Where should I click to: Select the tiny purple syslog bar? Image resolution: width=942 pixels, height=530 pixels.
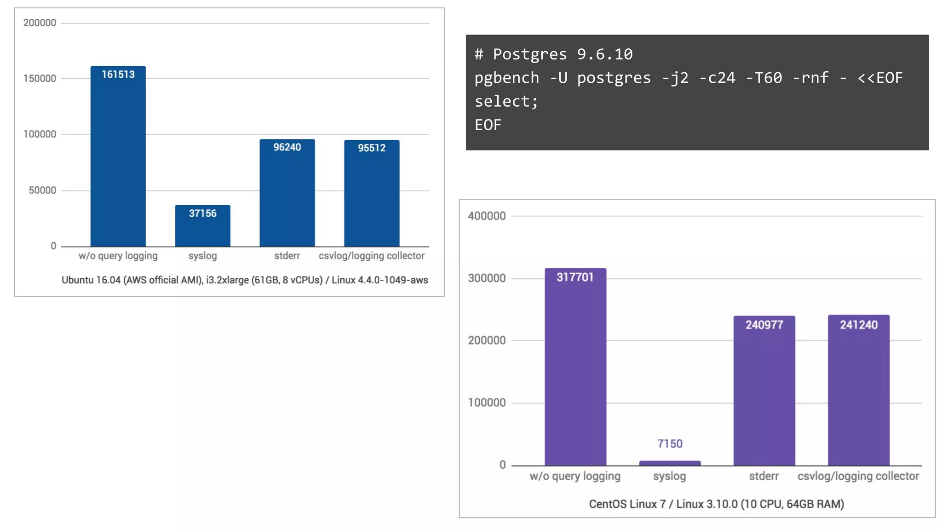click(670, 463)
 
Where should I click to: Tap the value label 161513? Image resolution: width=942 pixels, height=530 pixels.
click(118, 75)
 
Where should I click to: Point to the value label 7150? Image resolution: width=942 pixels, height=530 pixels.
click(670, 444)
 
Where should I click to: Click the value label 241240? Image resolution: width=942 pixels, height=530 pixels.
click(858, 325)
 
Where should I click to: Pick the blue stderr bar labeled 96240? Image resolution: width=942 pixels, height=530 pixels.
click(287, 198)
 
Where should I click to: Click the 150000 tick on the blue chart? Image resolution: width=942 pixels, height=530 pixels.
click(40, 79)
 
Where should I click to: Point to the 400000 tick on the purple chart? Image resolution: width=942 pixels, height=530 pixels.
click(487, 216)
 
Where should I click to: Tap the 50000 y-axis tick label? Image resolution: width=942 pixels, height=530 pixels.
click(42, 190)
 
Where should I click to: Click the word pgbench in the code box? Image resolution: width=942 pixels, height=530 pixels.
click(506, 78)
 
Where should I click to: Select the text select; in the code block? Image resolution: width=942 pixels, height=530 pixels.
click(506, 101)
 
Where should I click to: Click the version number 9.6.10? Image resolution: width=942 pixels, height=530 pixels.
click(605, 54)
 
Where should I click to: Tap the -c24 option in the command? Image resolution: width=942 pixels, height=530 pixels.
click(717, 78)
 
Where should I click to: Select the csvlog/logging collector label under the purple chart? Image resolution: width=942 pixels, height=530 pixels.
click(858, 476)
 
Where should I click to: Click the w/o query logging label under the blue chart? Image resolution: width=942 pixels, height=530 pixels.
click(118, 256)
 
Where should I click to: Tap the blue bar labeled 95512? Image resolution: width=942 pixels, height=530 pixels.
click(372, 198)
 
